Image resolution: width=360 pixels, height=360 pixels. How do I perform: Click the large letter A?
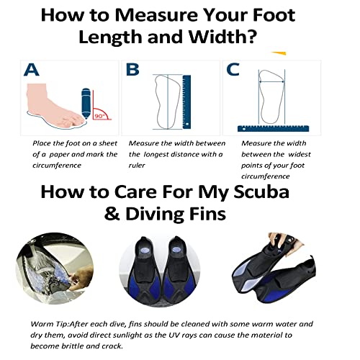tap(32, 70)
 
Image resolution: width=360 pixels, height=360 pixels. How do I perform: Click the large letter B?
tap(132, 69)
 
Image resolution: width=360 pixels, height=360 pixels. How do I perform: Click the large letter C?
tap(233, 69)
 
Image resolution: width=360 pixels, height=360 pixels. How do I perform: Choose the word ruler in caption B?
tap(138, 164)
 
